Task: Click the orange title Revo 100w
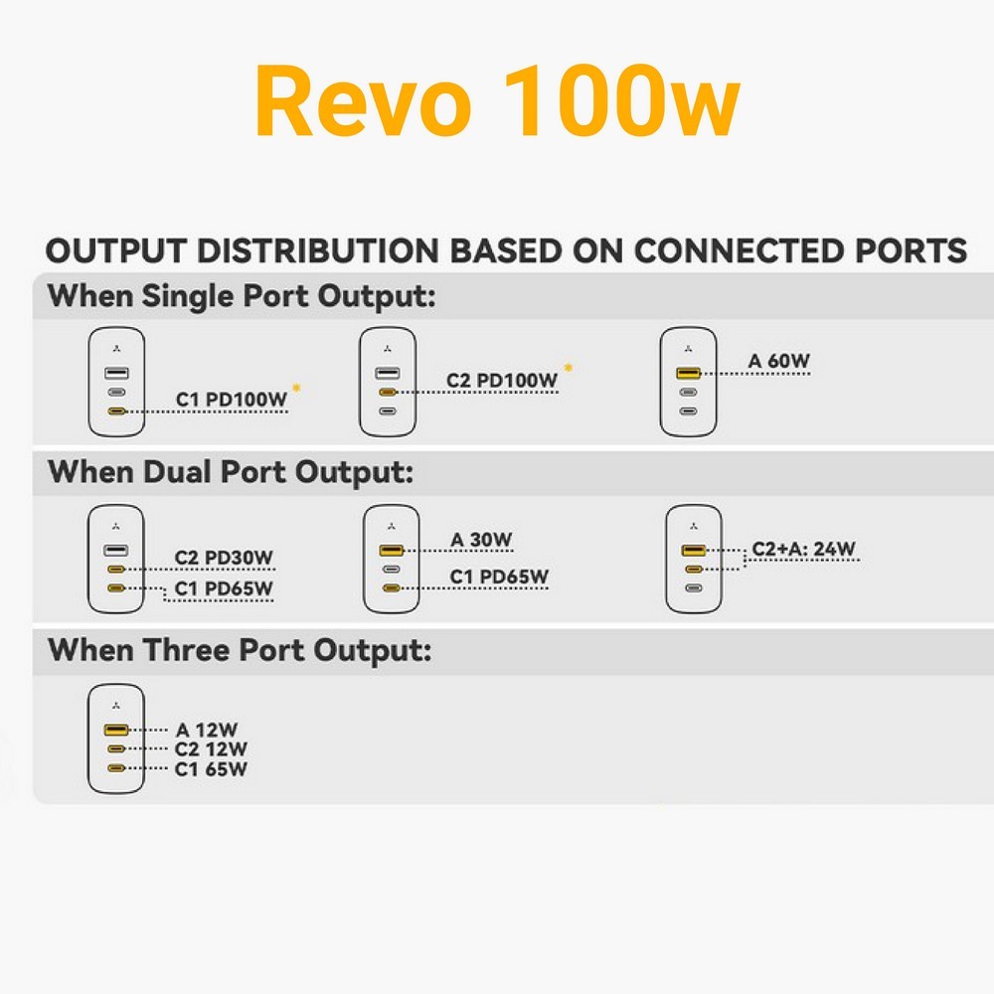(497, 101)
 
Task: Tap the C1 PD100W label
(232, 400)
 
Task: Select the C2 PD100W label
(501, 381)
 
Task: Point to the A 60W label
(778, 361)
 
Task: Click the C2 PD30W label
(223, 558)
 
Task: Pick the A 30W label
(480, 540)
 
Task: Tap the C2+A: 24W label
(803, 549)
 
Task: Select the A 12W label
(207, 730)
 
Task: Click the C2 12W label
(211, 749)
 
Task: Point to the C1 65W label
(211, 769)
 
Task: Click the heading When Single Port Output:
(242, 296)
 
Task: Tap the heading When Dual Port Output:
(231, 473)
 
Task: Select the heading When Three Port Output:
(240, 651)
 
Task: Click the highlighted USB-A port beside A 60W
(689, 373)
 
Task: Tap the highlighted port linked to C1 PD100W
(116, 412)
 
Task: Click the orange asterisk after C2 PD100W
(568, 367)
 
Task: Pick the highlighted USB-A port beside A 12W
(116, 731)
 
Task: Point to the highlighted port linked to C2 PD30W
(116, 570)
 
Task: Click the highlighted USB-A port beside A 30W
(391, 551)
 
